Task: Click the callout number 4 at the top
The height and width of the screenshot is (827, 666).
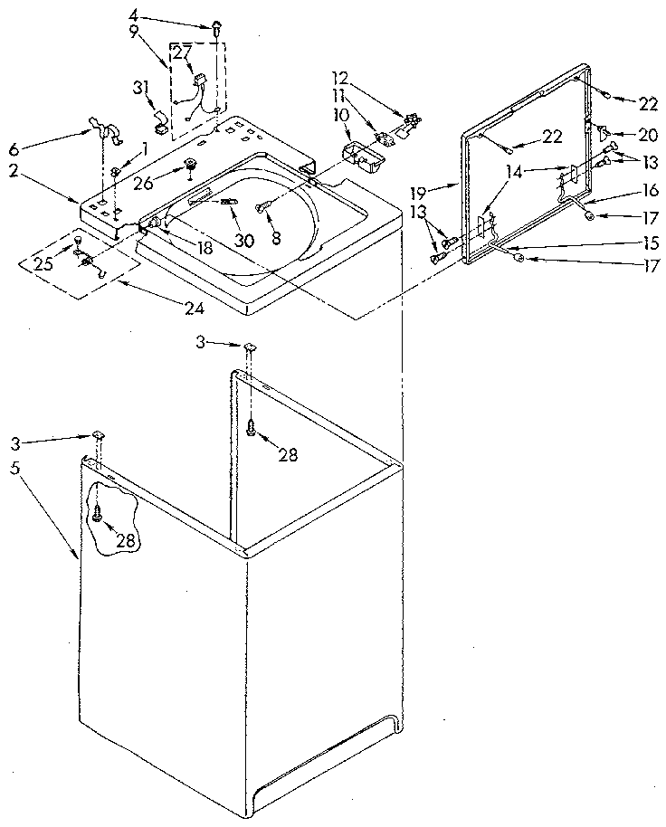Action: (133, 14)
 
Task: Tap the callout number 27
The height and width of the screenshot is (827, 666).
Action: (182, 52)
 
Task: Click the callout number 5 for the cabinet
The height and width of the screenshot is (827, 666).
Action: (14, 470)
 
